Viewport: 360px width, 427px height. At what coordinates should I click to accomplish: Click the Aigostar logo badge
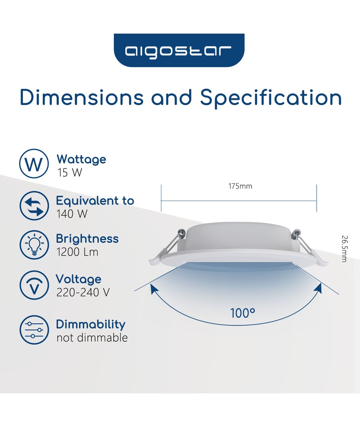point(179,50)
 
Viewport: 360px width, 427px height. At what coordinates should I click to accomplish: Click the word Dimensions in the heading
point(81,97)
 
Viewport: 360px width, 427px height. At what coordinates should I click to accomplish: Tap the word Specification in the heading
point(271,98)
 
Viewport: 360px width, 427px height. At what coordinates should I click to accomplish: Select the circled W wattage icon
point(34,164)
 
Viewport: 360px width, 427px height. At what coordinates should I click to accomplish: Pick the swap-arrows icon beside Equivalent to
point(34,206)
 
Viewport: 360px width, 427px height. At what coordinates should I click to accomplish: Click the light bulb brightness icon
point(34,245)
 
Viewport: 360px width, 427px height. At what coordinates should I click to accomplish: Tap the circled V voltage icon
point(34,285)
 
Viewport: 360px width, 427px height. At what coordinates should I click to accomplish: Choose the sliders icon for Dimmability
point(34,330)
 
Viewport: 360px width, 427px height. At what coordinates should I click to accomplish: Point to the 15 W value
point(70,173)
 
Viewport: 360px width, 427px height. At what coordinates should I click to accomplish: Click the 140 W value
point(72,214)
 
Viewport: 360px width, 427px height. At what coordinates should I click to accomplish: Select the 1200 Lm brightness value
point(77,252)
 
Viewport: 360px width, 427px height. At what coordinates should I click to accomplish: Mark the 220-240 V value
point(83,293)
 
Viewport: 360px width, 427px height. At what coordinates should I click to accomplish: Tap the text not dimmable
point(92,338)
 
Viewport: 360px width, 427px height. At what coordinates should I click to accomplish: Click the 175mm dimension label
point(240,186)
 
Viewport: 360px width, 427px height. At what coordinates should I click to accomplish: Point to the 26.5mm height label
point(345,249)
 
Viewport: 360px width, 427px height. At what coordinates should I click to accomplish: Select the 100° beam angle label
point(243,313)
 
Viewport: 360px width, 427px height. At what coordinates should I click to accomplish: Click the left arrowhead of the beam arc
point(154,289)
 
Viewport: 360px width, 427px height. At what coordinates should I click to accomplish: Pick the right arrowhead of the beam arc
point(318,288)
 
